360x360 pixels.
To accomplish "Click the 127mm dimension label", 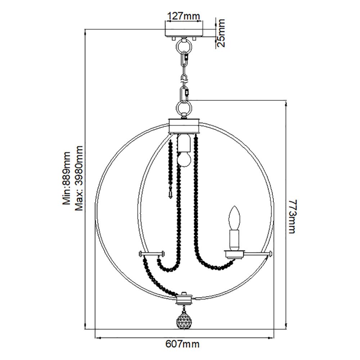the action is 184,16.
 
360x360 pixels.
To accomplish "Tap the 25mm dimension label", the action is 221,33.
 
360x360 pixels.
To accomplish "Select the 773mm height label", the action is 292,216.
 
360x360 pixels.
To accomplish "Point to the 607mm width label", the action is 183,344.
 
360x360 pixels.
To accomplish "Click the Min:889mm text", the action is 67,178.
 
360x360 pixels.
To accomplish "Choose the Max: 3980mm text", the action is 79,178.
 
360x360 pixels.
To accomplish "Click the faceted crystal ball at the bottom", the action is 183,320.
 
